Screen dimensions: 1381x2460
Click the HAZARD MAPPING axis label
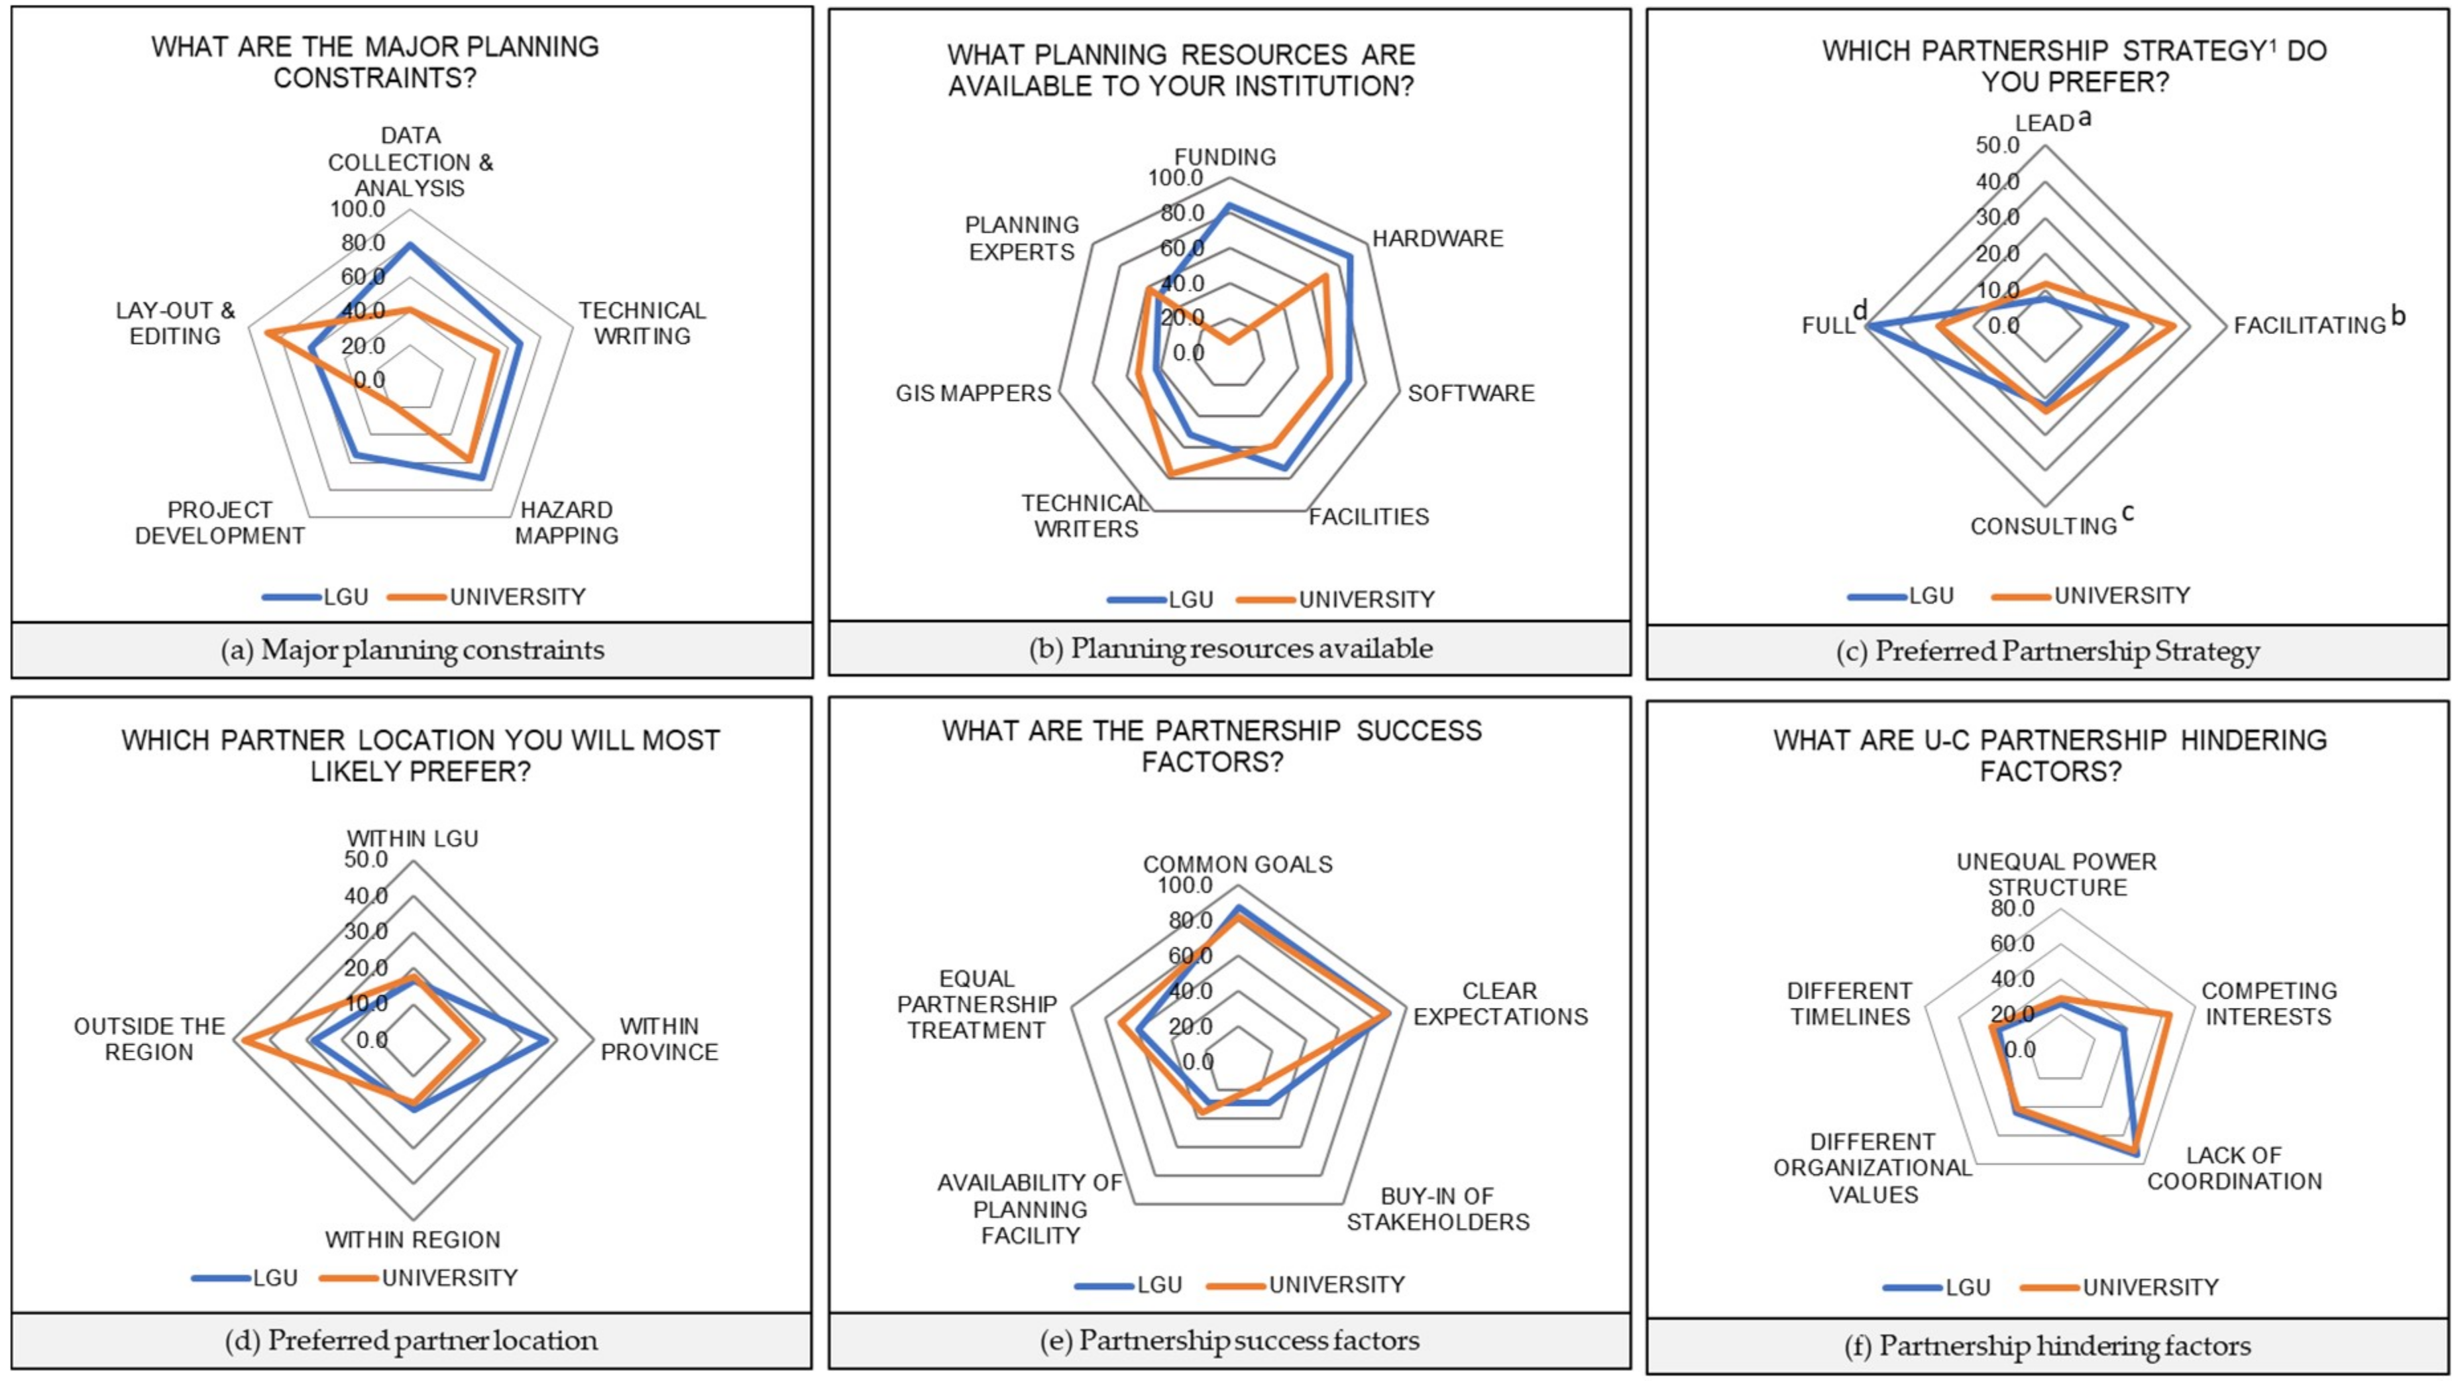pos(567,522)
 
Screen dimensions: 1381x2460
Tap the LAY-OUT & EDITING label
pos(175,323)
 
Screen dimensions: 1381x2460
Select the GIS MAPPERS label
pos(972,392)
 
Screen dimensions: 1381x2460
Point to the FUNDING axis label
pos(1225,156)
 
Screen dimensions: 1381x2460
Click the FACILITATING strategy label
pos(2309,325)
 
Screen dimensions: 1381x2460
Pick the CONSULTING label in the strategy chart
pos(2044,526)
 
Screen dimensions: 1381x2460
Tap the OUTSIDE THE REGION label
pos(149,1039)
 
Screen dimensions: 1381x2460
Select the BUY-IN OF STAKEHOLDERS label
pos(1437,1209)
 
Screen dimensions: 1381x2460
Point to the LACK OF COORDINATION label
pos(2233,1168)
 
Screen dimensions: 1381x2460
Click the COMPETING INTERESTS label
pos(2268,1004)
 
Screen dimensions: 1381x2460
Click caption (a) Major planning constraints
pos(413,650)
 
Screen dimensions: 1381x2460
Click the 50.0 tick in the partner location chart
pos(366,859)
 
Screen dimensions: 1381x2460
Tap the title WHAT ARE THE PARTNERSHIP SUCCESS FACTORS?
pos(1212,746)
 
